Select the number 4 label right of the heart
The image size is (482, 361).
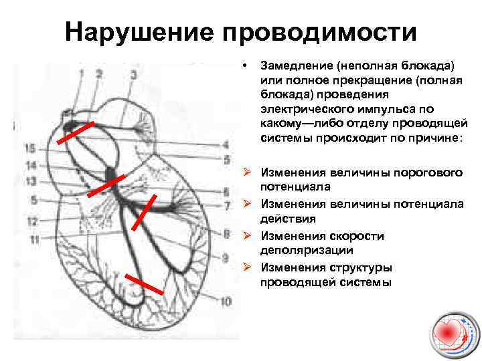coord(226,144)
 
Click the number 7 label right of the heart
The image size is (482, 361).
coord(227,205)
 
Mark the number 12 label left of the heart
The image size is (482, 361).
coord(31,221)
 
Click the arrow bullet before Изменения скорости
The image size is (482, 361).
coord(247,235)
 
